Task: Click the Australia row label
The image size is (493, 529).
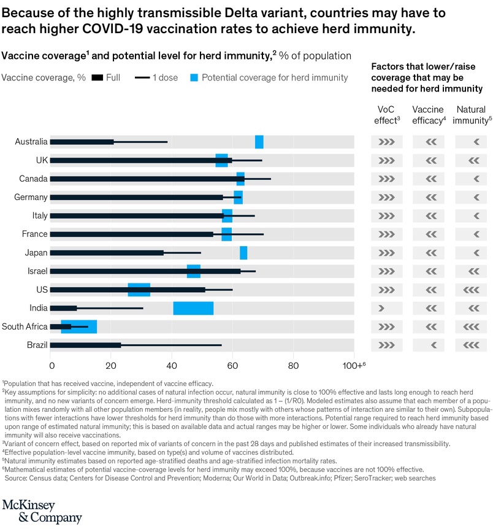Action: point(31,142)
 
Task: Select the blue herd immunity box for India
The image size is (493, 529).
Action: point(193,308)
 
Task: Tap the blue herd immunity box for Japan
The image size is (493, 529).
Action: point(243,253)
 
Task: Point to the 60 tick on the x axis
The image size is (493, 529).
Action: point(232,366)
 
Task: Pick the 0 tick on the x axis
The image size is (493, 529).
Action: point(51,366)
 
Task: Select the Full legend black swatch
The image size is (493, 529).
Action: point(97,78)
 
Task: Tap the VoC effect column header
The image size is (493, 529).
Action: point(386,115)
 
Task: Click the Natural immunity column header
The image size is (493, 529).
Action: point(473,115)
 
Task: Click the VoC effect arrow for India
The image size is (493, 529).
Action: point(381,308)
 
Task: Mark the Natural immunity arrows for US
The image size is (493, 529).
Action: point(473,290)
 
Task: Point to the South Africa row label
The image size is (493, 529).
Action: point(25,326)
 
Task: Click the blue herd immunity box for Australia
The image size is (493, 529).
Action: point(259,142)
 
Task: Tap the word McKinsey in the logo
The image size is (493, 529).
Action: point(29,505)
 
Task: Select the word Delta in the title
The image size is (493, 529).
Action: point(212,13)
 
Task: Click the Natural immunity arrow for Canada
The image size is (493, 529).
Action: point(476,179)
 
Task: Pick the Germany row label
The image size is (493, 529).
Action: point(31,198)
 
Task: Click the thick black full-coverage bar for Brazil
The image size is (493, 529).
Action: point(86,345)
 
